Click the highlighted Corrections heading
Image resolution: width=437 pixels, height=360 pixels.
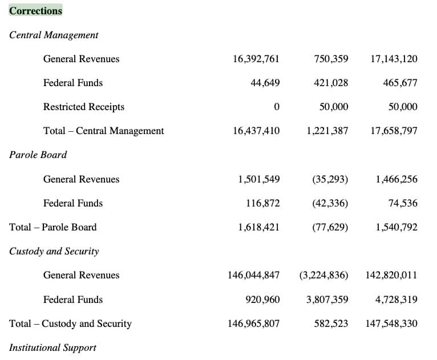pos(35,11)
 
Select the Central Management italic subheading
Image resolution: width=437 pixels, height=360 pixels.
pos(54,35)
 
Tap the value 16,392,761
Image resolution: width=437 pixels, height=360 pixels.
pos(256,59)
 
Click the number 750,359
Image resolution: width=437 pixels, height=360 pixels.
pos(331,59)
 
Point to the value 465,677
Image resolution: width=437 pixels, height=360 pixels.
pos(400,83)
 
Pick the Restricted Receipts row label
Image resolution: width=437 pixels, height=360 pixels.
pos(84,107)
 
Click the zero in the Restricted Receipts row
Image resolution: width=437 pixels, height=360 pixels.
pos(277,107)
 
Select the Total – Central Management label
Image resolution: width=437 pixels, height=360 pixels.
pos(103,131)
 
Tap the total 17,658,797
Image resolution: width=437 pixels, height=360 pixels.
pos(394,131)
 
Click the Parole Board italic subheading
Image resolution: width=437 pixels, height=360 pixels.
pos(38,155)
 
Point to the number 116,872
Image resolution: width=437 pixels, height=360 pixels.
pos(262,203)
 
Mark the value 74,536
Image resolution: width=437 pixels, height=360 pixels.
pos(403,203)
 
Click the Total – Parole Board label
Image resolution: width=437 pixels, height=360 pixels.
pos(52,227)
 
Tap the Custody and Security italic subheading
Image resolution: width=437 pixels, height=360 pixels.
pos(54,251)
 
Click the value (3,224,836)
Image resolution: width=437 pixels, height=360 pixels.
pos(324,275)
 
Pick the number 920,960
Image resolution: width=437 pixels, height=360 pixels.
pos(262,300)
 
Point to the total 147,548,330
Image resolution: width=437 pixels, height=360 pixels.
pos(391,323)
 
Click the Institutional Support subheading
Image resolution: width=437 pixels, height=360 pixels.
pos(52,348)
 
